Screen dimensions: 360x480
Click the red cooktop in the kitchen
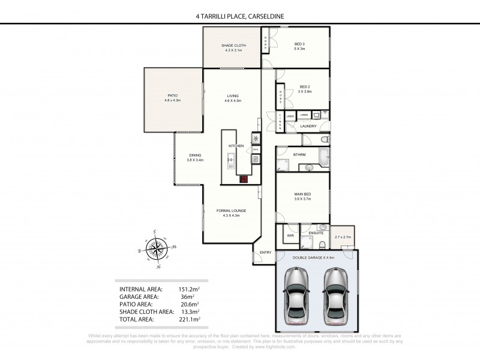pyautogui.click(x=245, y=178)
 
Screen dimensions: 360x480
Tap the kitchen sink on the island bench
pyautogui.click(x=230, y=160)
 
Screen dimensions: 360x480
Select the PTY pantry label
pyautogui.click(x=256, y=149)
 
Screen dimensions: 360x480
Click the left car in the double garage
pyautogui.click(x=295, y=295)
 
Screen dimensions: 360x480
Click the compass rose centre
pyautogui.click(x=157, y=247)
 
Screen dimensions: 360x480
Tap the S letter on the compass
pyautogui.click(x=155, y=232)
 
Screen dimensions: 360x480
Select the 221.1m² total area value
pyautogui.click(x=188, y=320)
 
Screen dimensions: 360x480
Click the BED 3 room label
pyautogui.click(x=299, y=44)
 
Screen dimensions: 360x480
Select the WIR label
pyautogui.click(x=290, y=235)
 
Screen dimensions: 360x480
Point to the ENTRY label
pyautogui.click(x=265, y=252)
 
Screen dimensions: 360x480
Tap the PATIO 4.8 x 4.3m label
pyautogui.click(x=173, y=98)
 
